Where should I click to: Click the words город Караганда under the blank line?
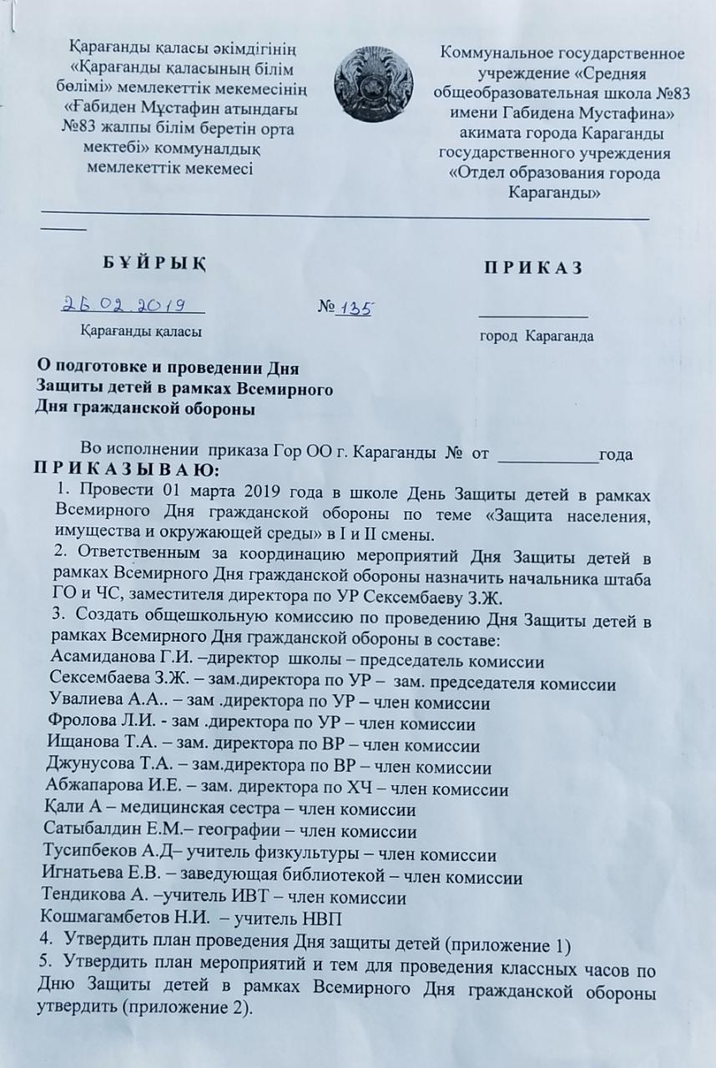[536, 338]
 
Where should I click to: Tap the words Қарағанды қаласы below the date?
[140, 331]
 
